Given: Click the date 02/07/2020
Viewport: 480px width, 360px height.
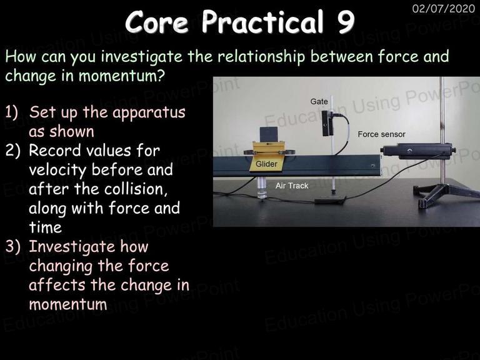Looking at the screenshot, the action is tap(444, 8).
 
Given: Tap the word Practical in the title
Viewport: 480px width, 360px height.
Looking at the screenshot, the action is tap(262, 21).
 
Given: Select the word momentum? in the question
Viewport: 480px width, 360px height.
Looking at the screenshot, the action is tap(122, 76).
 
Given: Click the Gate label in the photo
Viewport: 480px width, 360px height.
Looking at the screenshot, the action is tap(319, 101).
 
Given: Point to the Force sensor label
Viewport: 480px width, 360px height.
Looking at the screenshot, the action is tap(381, 134).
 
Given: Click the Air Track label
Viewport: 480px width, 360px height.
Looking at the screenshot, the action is tap(292, 186).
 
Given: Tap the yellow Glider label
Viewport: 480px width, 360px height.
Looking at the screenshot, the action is tap(266, 164).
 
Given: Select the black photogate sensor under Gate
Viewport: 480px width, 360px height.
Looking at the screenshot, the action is tap(326, 123).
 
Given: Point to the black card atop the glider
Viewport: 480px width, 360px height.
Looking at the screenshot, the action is tap(268, 134).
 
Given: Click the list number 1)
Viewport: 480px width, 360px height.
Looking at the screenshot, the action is tap(12, 112).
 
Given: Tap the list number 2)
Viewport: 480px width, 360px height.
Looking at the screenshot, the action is tap(12, 151).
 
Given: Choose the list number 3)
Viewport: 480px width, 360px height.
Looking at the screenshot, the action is tap(12, 247).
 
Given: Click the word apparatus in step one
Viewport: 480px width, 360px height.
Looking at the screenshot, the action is tap(149, 113).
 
